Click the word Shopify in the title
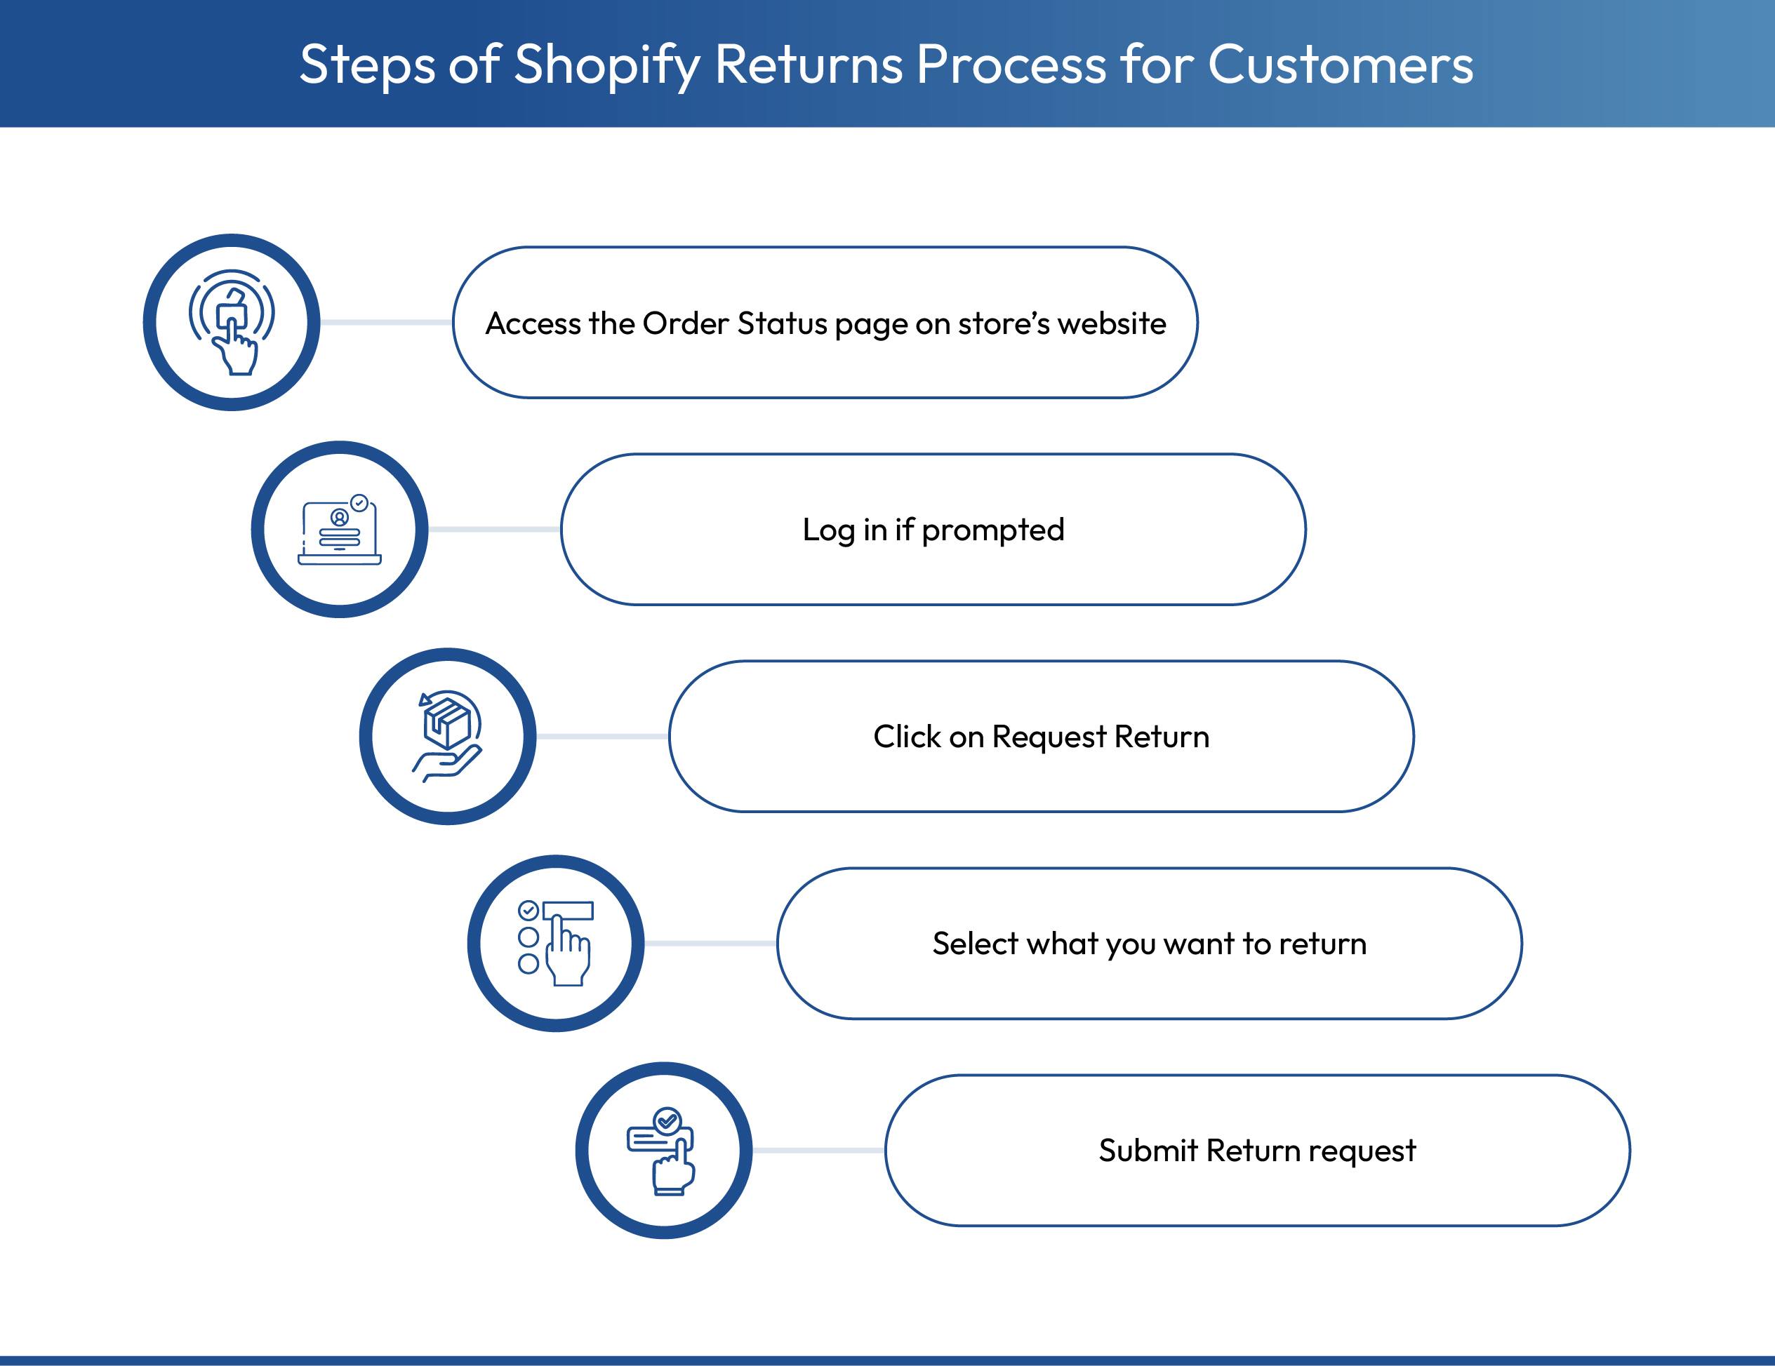[x=606, y=65]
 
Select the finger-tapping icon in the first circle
[x=232, y=323]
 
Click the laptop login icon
[x=340, y=530]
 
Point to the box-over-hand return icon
[x=448, y=736]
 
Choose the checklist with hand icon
[x=556, y=944]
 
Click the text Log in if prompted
[x=933, y=530]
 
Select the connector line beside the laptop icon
[x=494, y=530]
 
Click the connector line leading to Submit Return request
[x=818, y=1151]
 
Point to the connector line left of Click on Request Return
[x=602, y=736]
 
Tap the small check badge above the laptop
[x=359, y=503]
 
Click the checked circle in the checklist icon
[x=528, y=910]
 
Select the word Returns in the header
[x=809, y=65]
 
